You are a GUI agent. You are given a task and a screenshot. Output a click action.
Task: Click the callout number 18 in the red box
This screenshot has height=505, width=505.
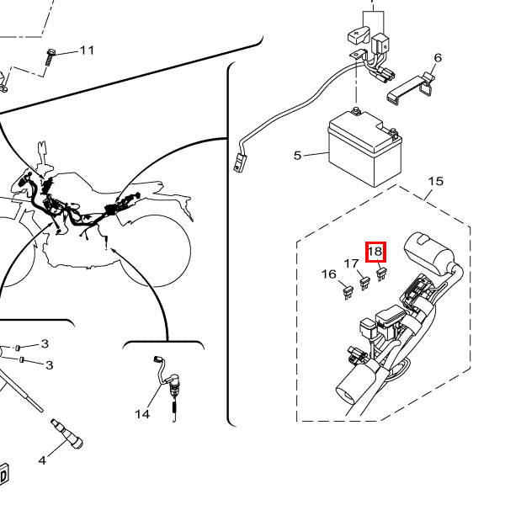pos(375,251)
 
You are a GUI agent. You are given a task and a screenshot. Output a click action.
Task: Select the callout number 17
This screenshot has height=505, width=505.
pos(351,263)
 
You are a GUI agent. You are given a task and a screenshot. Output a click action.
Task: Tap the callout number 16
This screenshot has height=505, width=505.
pos(329,274)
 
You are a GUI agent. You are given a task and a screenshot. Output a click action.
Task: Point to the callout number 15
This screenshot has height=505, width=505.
pos(436,181)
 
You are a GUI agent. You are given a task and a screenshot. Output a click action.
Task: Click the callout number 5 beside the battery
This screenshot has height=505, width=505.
pos(297,156)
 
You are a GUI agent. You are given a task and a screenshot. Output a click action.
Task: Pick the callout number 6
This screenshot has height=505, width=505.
pos(438,58)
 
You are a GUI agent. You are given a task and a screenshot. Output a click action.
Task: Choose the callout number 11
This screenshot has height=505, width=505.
pos(87,50)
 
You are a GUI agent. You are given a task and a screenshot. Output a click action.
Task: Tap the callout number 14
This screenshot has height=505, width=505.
pos(142,414)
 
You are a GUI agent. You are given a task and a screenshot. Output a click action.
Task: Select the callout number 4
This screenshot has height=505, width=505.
pos(42,460)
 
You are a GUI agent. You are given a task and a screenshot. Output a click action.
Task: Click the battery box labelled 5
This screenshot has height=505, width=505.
pos(365,148)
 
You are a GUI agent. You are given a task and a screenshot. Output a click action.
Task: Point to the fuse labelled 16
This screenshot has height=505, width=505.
pos(348,293)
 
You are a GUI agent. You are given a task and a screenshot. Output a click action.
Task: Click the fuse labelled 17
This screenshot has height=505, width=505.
pos(364,283)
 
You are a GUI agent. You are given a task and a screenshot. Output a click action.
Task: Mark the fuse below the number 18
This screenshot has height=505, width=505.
pos(381,274)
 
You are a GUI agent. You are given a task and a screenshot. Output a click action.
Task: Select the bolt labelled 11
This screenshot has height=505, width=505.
pos(50,58)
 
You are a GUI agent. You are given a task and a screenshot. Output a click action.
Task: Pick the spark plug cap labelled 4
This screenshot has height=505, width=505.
pos(67,434)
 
